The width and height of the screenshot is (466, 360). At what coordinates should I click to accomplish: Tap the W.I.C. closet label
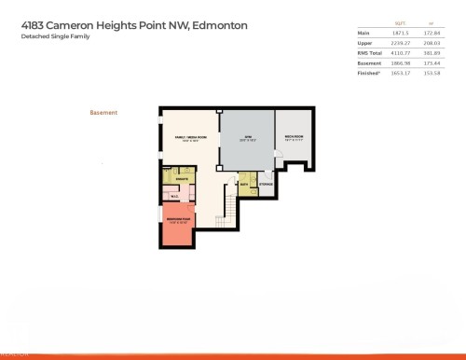[174, 196]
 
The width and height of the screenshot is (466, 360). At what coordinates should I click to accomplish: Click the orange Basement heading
[103, 113]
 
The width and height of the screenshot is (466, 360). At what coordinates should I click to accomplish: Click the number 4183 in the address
[34, 26]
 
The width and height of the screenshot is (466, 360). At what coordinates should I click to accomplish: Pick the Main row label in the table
[363, 33]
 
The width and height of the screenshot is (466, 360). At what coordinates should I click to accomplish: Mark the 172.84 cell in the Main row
[432, 33]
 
